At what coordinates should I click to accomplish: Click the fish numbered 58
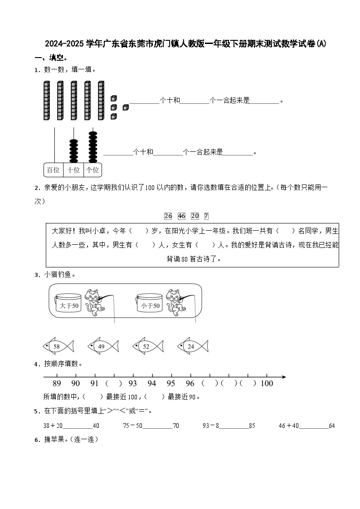[x=58, y=347]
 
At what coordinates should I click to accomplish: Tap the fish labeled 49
[x=102, y=347]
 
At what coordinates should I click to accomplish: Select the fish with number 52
[x=147, y=347]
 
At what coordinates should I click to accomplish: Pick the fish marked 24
[x=192, y=347]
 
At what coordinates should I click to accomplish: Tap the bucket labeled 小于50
[x=150, y=305]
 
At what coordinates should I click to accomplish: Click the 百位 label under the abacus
[x=53, y=170]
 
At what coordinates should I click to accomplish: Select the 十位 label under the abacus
[x=73, y=170]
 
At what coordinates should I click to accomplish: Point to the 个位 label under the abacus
[x=92, y=170]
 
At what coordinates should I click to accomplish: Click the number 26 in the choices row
[x=168, y=216]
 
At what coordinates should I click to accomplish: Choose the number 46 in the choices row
[x=181, y=216]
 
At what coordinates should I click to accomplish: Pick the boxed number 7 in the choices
[x=206, y=216]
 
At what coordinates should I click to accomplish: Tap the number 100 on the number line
[x=267, y=383]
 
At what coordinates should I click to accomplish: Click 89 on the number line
[x=57, y=383]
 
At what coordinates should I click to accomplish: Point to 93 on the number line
[x=132, y=383]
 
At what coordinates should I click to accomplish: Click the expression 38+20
[x=53, y=426]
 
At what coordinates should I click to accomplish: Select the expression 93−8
[x=211, y=426]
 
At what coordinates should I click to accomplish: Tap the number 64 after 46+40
[x=331, y=426]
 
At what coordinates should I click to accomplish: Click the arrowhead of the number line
[x=283, y=377]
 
